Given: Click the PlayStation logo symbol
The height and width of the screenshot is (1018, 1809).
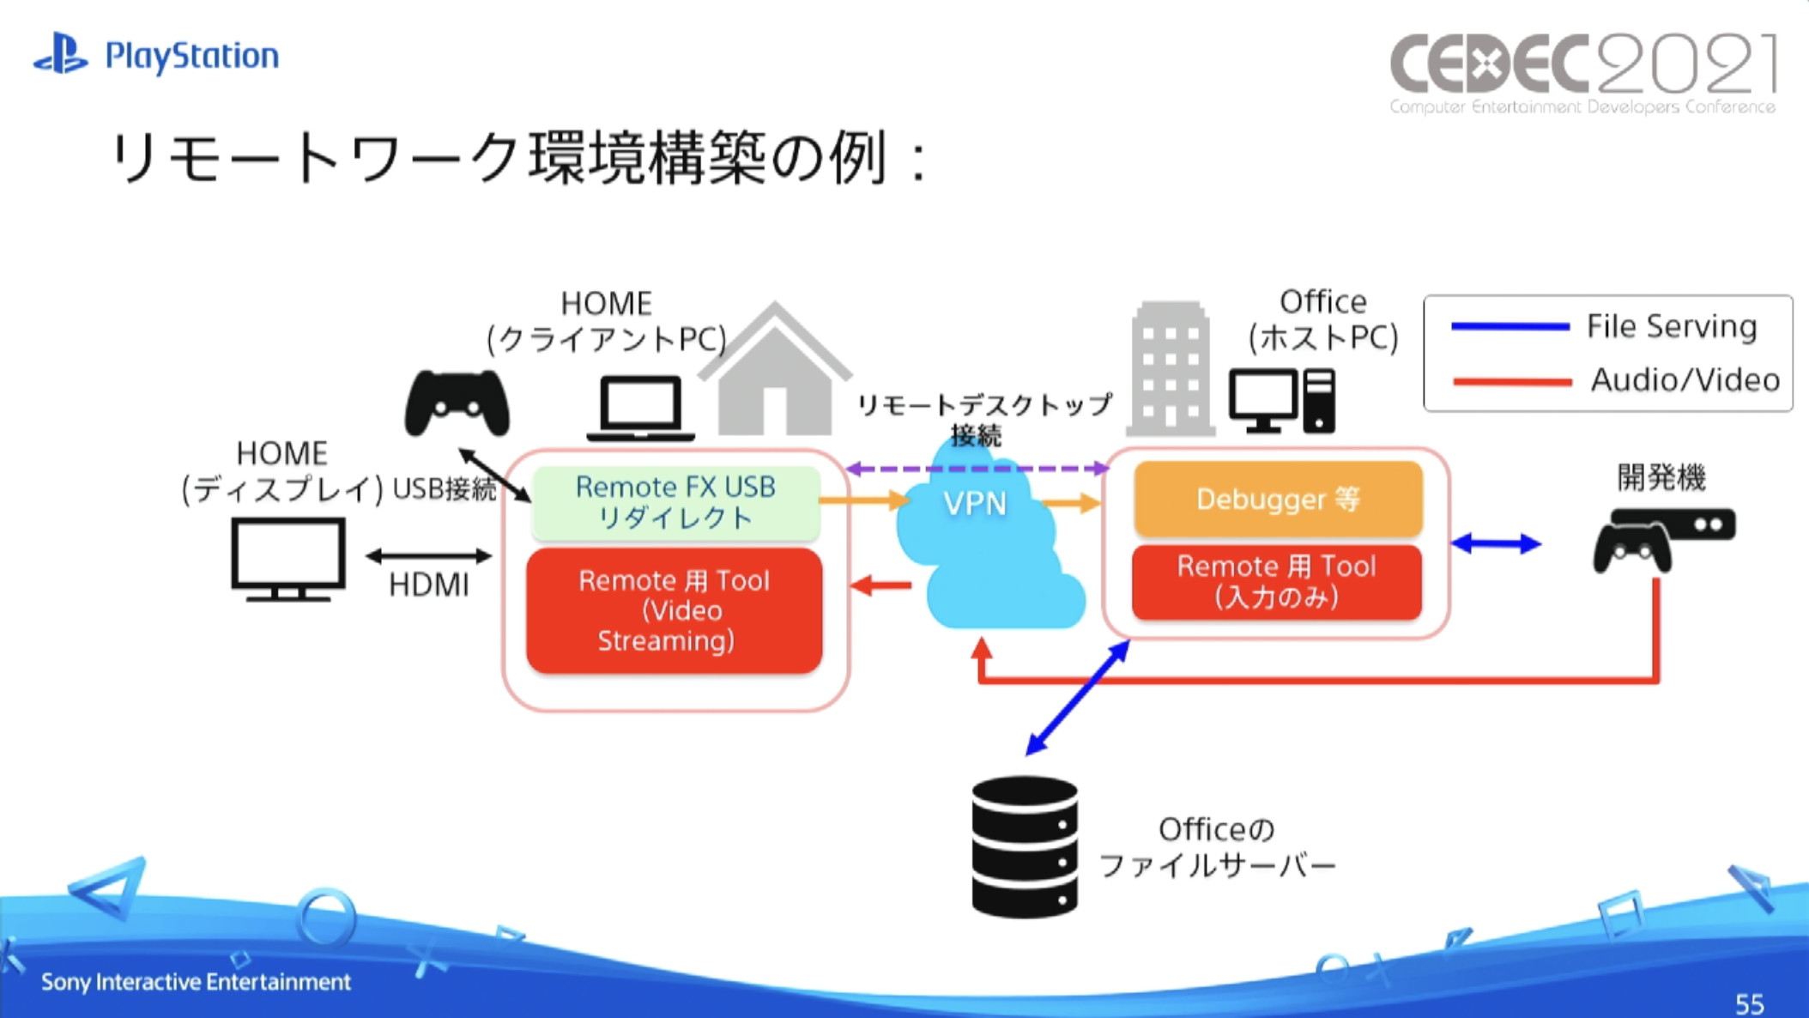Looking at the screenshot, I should tap(60, 54).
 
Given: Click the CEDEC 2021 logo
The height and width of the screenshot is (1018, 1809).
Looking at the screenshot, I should tap(1582, 72).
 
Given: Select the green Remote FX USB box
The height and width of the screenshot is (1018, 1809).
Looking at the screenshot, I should tap(675, 502).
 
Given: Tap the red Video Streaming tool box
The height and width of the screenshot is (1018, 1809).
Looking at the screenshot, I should tap(675, 610).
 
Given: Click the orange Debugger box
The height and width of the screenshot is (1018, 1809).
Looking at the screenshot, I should tap(1278, 499).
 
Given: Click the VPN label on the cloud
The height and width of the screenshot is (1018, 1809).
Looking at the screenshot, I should tap(974, 504).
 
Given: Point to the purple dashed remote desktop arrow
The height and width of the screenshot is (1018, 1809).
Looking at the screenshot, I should tap(977, 469).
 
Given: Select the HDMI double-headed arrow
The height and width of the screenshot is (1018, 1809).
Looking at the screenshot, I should tap(429, 556).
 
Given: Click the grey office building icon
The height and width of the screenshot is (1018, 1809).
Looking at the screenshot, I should tap(1170, 369).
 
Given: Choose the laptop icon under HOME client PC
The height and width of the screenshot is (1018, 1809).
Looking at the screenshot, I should tap(641, 409).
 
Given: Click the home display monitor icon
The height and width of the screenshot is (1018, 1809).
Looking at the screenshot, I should tap(288, 558).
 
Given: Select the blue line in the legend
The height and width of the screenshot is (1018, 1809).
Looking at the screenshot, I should tap(1510, 327).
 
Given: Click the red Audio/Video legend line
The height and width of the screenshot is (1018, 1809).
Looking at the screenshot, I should tap(1511, 382).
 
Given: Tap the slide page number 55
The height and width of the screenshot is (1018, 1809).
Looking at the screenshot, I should tap(1749, 1003).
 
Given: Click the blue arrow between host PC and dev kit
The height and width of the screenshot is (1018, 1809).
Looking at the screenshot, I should tap(1496, 543).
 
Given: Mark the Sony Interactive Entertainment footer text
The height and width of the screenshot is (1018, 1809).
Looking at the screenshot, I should tap(196, 982).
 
